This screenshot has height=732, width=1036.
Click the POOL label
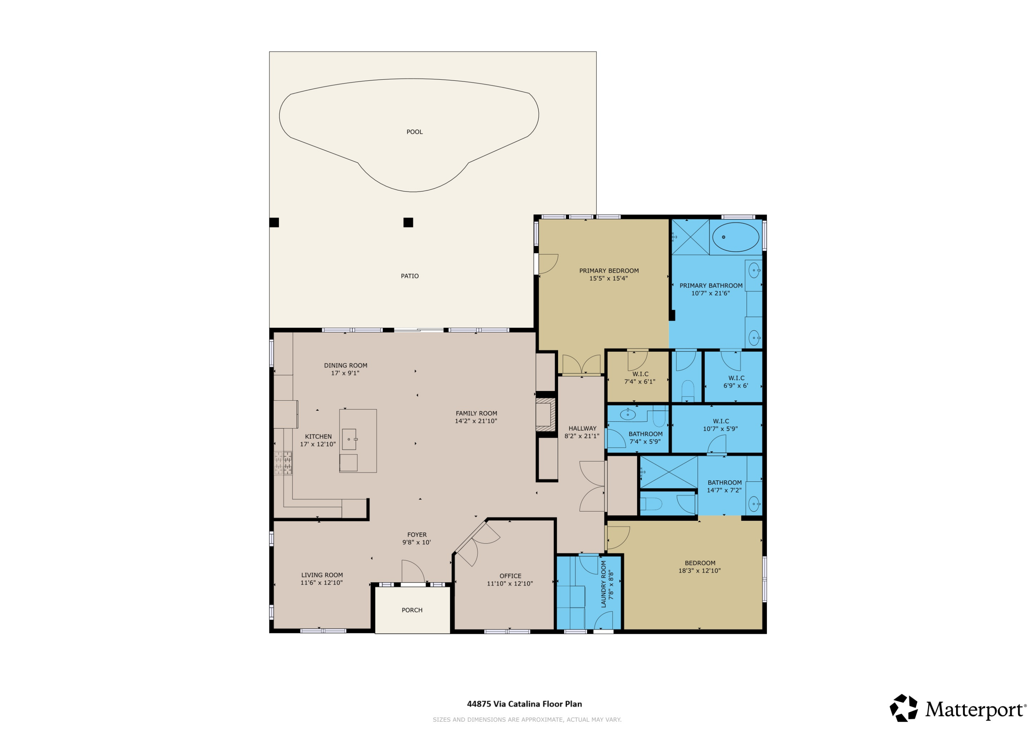pyautogui.click(x=414, y=132)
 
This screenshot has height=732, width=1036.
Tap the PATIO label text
pyautogui.click(x=409, y=276)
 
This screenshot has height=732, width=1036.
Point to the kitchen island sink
pyautogui.click(x=349, y=439)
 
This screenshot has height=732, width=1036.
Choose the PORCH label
pyautogui.click(x=412, y=610)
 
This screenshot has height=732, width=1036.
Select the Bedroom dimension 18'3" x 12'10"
pyautogui.click(x=699, y=571)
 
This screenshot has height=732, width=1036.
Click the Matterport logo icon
pyautogui.click(x=903, y=708)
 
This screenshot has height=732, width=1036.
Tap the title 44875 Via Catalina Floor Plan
pyautogui.click(x=524, y=704)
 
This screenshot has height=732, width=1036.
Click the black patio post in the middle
pyautogui.click(x=408, y=222)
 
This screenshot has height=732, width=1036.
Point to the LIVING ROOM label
pyautogui.click(x=322, y=575)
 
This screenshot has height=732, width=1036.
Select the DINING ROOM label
pyautogui.click(x=345, y=366)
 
